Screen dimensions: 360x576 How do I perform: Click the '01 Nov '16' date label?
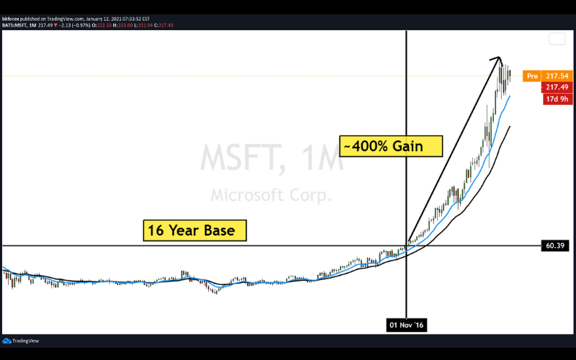point(408,325)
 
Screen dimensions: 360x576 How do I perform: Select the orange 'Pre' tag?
point(532,76)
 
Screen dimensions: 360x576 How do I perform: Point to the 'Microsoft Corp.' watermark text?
point(271,195)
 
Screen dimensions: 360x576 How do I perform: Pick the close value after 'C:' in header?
point(166,25)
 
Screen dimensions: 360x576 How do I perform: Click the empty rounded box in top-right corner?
point(557,40)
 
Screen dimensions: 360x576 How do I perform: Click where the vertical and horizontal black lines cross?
point(408,246)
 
